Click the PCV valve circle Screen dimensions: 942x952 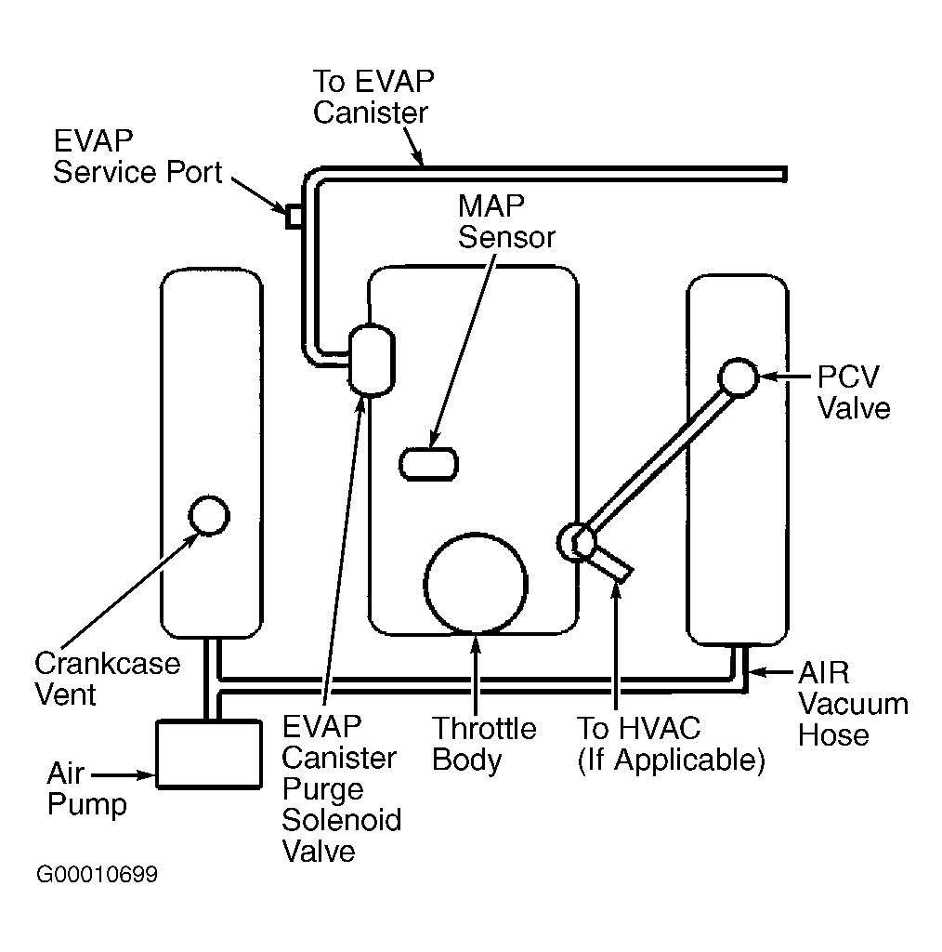point(739,377)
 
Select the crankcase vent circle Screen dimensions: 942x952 point(209,515)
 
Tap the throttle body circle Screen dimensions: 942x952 point(476,584)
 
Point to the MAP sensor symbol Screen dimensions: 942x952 point(428,465)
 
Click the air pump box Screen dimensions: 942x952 point(209,754)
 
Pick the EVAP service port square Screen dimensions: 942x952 point(294,217)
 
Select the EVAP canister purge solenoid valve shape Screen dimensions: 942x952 point(372,360)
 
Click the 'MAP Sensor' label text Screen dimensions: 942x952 point(506,221)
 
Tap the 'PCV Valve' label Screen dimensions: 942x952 point(854,392)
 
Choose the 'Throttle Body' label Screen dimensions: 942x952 point(484,744)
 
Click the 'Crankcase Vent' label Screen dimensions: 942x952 point(108,679)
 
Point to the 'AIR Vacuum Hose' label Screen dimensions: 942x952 point(853,704)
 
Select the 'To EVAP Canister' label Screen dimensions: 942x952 point(373,97)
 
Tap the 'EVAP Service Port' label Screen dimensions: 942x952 point(137,156)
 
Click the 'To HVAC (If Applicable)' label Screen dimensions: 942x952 point(671,745)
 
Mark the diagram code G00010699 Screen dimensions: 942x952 point(97,874)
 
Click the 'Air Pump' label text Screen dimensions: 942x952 point(86,788)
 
